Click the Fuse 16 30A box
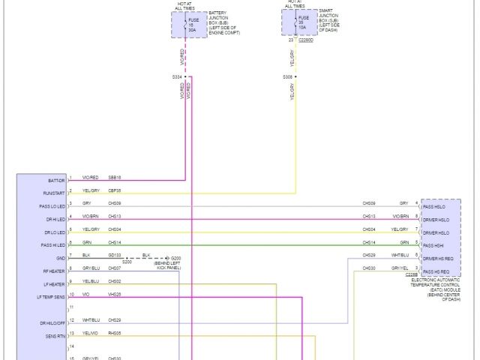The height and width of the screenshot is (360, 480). click(185, 25)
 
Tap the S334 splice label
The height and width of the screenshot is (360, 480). click(177, 76)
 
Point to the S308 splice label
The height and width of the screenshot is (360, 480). click(287, 76)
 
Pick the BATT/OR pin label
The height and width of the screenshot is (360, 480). click(56, 181)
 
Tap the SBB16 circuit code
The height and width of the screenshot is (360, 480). click(115, 178)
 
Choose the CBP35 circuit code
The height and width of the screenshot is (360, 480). click(115, 190)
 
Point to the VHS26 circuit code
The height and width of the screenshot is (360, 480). click(115, 294)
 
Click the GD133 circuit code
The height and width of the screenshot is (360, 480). click(115, 255)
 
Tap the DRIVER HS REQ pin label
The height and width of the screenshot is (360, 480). click(438, 258)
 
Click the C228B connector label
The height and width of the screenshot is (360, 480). click(412, 275)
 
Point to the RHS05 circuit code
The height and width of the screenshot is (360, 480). click(115, 333)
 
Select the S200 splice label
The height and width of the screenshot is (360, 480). click(127, 262)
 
